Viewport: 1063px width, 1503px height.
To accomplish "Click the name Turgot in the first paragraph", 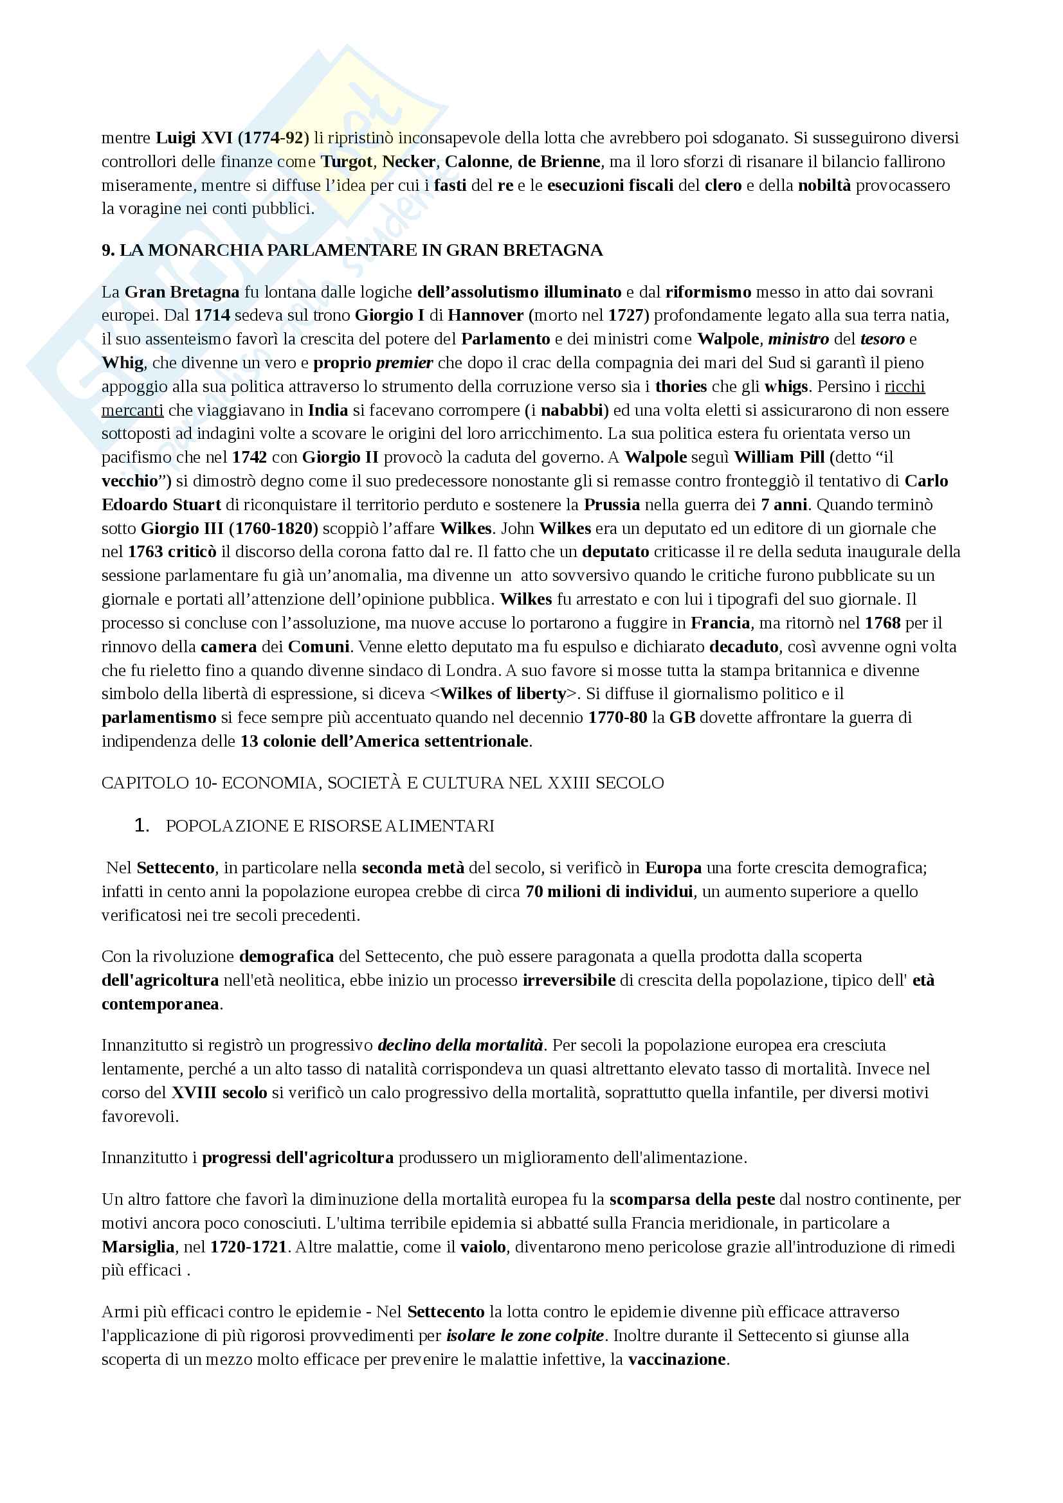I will [x=347, y=162].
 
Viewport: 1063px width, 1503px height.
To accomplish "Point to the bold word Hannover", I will [x=486, y=316].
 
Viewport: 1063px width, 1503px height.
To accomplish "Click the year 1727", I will [x=626, y=316].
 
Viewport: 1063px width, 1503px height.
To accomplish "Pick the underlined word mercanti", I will [x=132, y=411].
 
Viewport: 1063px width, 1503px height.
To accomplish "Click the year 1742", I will [x=250, y=458].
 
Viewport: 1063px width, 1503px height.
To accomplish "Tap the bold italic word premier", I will [x=404, y=362].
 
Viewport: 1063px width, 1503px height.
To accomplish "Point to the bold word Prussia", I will [x=612, y=504].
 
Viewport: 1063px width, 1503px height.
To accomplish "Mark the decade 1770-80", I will [x=617, y=718].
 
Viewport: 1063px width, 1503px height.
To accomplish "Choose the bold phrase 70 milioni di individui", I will [x=608, y=892].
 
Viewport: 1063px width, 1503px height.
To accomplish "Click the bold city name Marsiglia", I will [x=138, y=1247].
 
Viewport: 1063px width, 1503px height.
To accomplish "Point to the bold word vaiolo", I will [x=483, y=1247].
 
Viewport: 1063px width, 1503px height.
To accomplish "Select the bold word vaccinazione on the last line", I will [x=677, y=1360].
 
